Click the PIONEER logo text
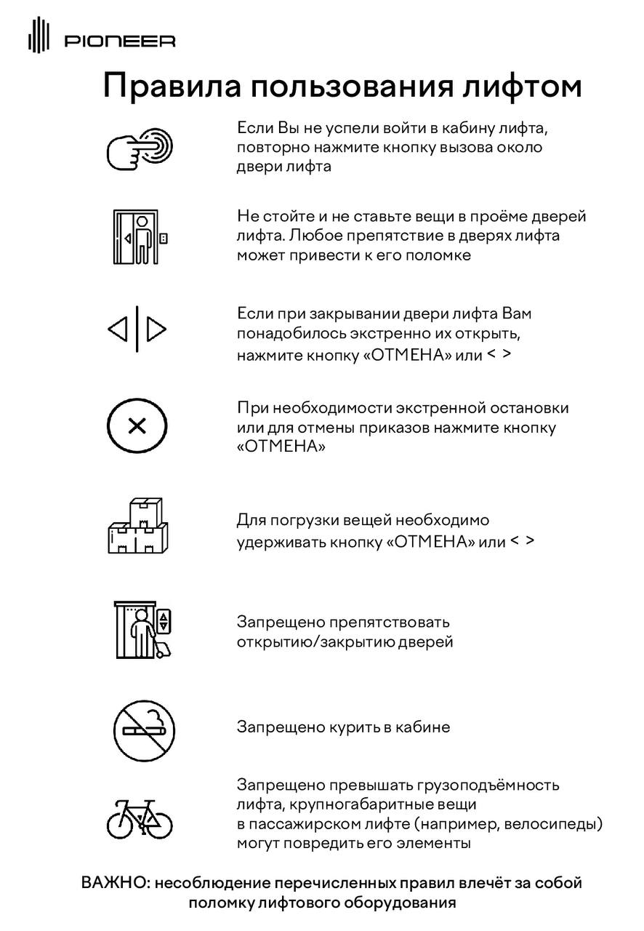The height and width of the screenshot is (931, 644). point(120,42)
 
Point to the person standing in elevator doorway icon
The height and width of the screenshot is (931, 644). point(142,237)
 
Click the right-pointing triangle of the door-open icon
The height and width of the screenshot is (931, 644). point(156,330)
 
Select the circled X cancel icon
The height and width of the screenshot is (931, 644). point(137,426)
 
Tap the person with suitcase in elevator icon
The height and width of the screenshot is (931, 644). point(145,630)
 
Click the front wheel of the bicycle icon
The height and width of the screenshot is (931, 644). point(158,823)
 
